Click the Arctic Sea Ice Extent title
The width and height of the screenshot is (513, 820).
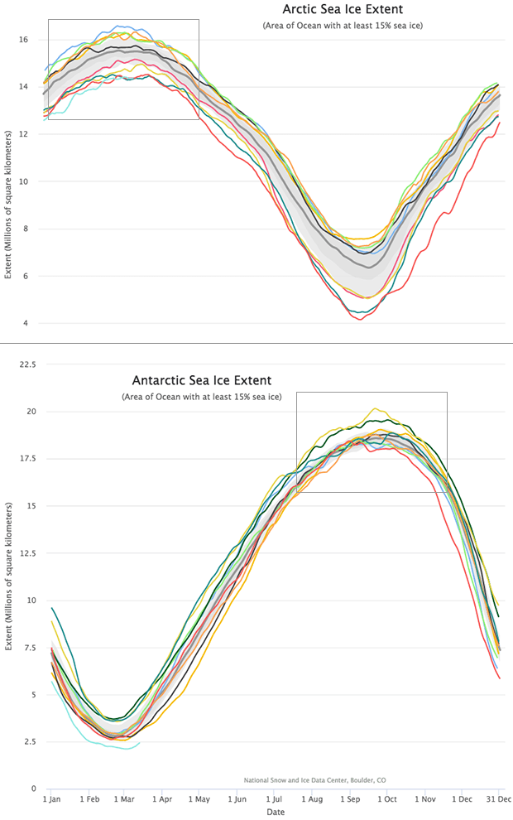(343, 10)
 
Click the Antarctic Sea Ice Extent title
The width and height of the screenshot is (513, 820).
(202, 381)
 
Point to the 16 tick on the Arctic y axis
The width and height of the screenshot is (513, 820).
(25, 39)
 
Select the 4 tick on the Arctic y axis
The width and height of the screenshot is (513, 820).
(26, 323)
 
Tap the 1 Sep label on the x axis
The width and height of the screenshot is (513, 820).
(348, 799)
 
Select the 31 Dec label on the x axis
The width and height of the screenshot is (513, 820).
(497, 799)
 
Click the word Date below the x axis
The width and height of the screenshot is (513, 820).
(276, 813)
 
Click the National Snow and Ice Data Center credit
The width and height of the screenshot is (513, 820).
(315, 779)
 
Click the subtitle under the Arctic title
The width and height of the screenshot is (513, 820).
(343, 27)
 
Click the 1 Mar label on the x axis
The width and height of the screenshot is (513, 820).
(125, 799)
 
